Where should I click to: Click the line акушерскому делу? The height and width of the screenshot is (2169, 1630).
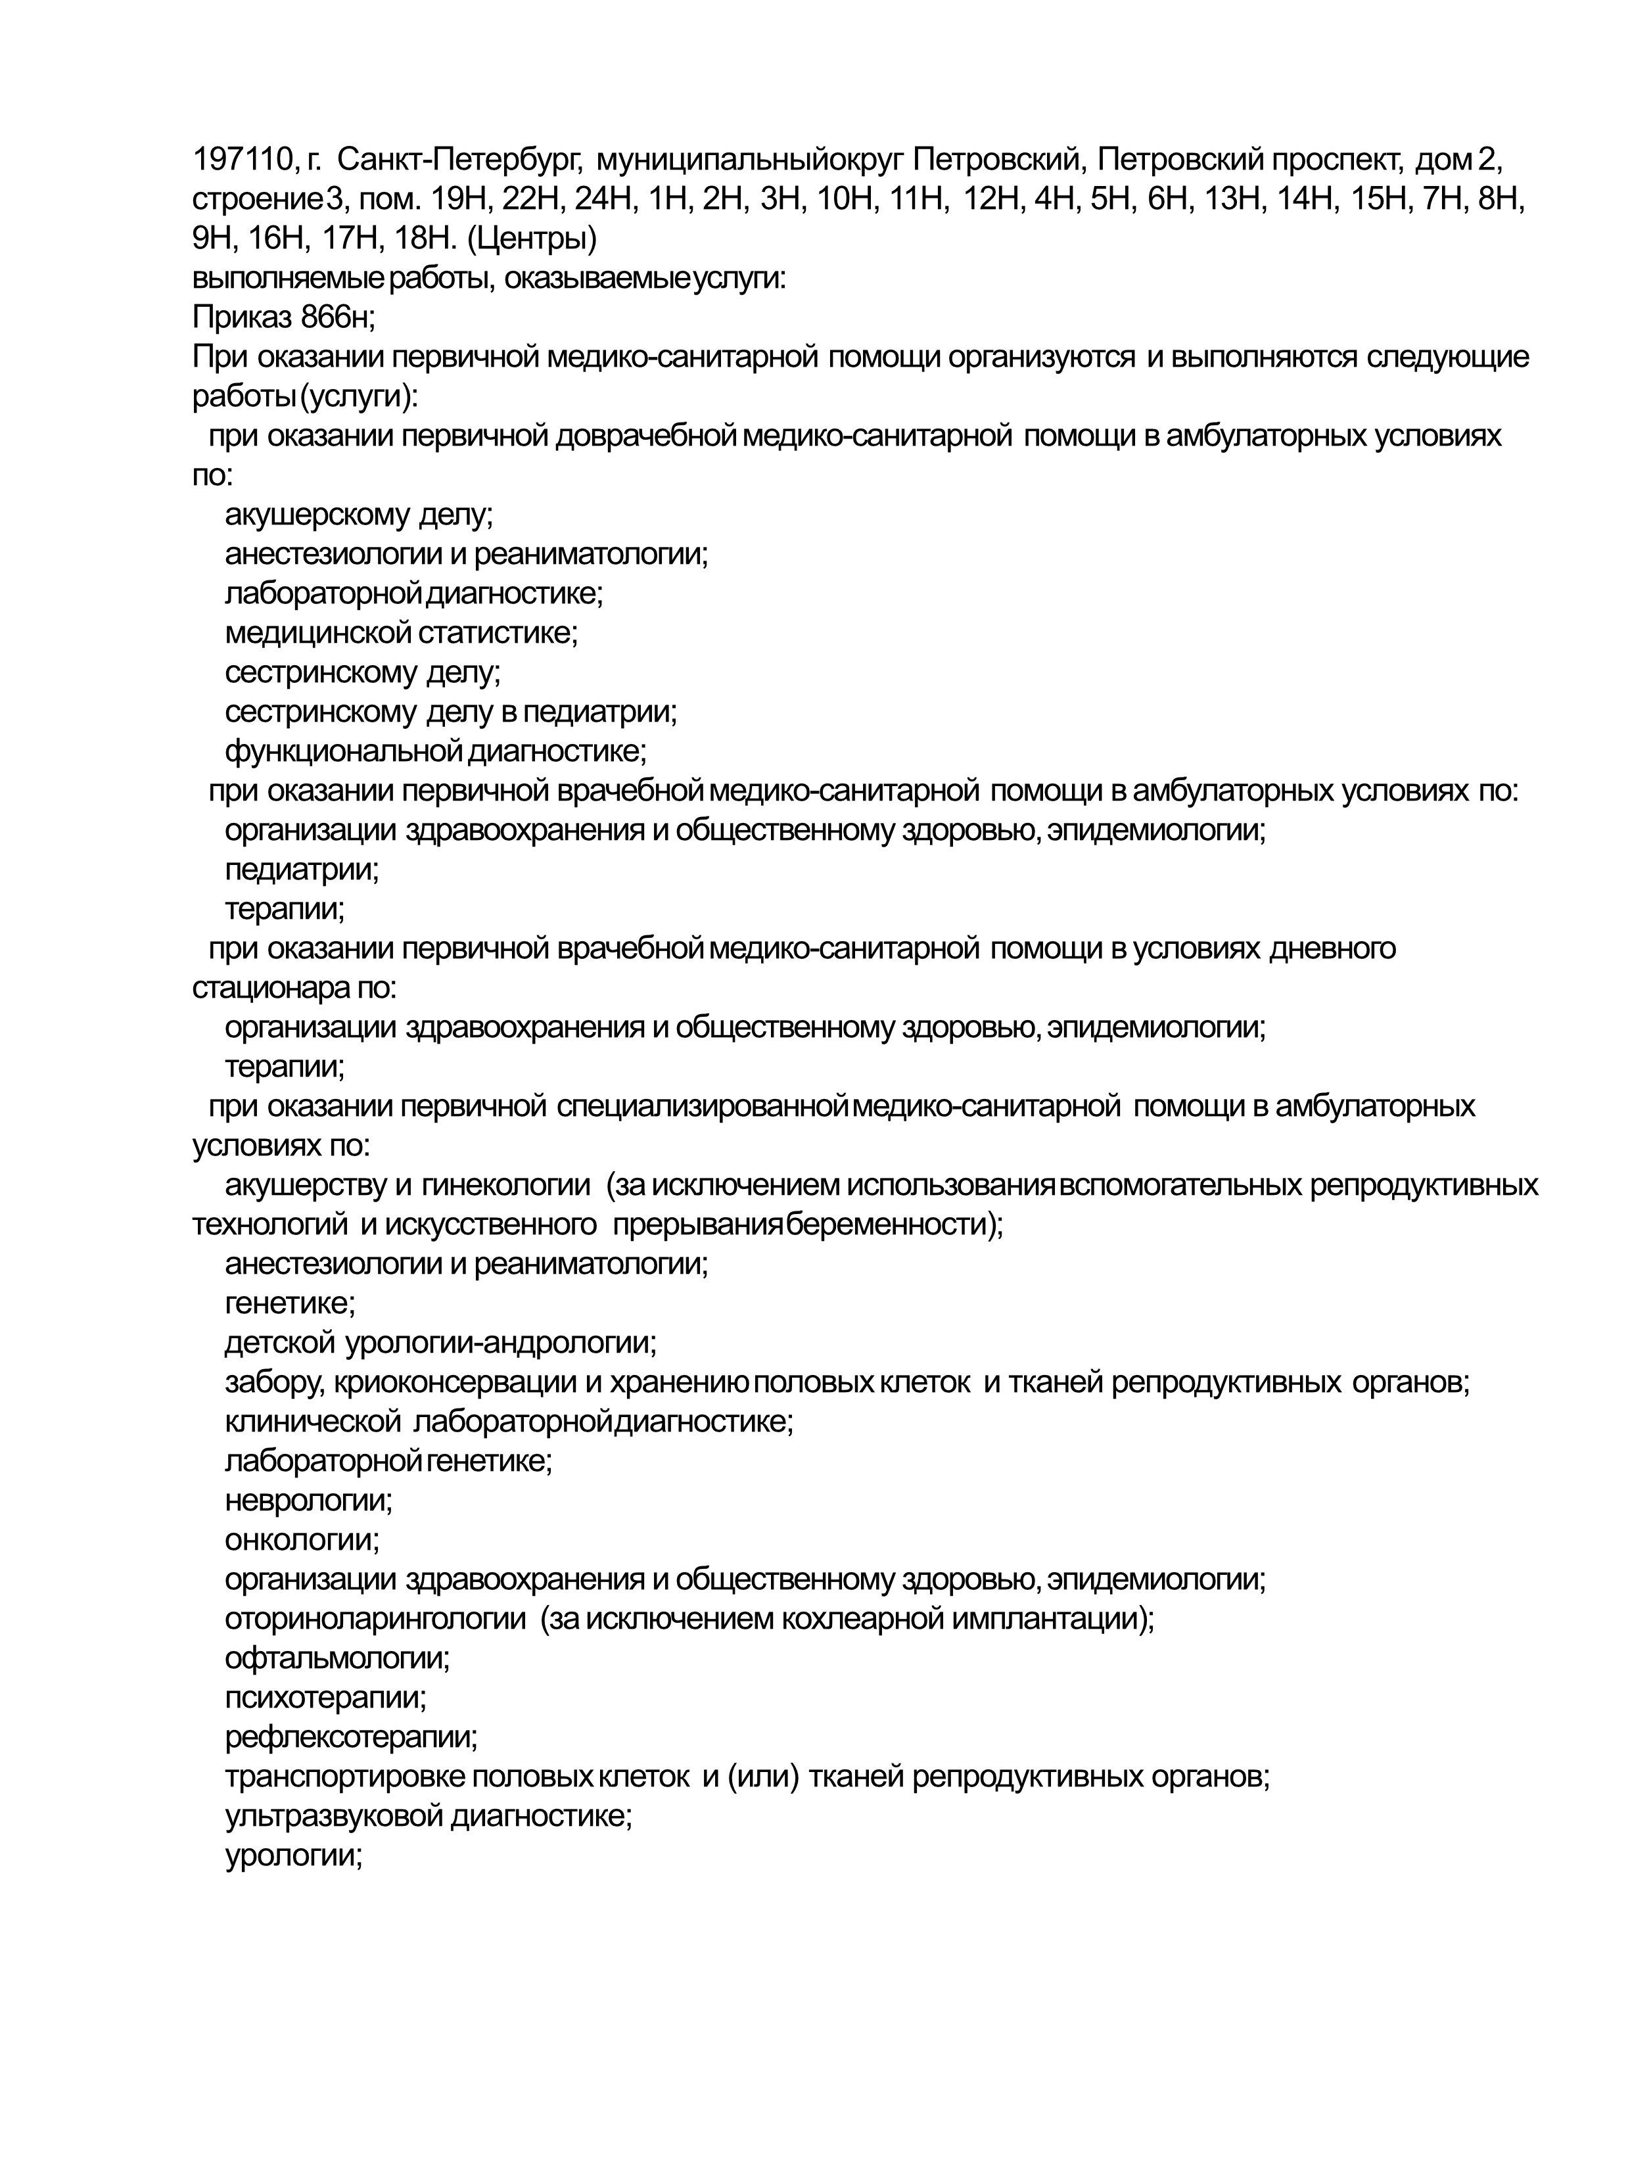359,514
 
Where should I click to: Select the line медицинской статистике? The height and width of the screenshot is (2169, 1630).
401,632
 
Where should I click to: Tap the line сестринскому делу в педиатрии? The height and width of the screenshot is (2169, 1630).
451,711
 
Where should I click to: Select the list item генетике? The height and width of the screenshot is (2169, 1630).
291,1303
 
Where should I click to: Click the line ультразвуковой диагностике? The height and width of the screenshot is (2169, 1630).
429,1816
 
